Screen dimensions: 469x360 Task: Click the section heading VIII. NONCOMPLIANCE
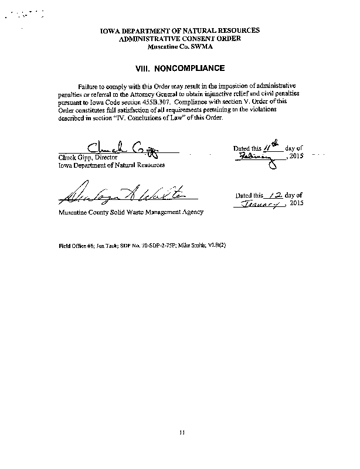pos(179,68)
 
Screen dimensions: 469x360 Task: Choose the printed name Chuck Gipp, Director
pos(87,158)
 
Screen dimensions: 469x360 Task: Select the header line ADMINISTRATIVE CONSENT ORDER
pos(179,38)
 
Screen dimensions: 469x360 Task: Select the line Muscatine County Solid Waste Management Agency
pos(130,212)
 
